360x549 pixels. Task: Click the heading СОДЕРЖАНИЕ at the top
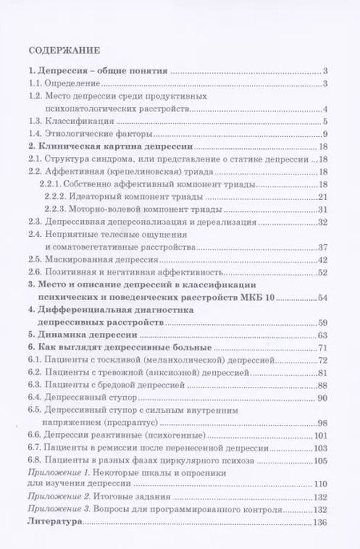63,48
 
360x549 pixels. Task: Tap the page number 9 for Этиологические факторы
326,134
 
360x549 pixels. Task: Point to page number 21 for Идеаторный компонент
323,197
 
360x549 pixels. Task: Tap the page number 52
323,273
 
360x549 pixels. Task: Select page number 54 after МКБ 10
323,298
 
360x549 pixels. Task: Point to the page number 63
323,335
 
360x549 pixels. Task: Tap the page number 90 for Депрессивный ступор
323,398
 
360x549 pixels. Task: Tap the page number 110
322,485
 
